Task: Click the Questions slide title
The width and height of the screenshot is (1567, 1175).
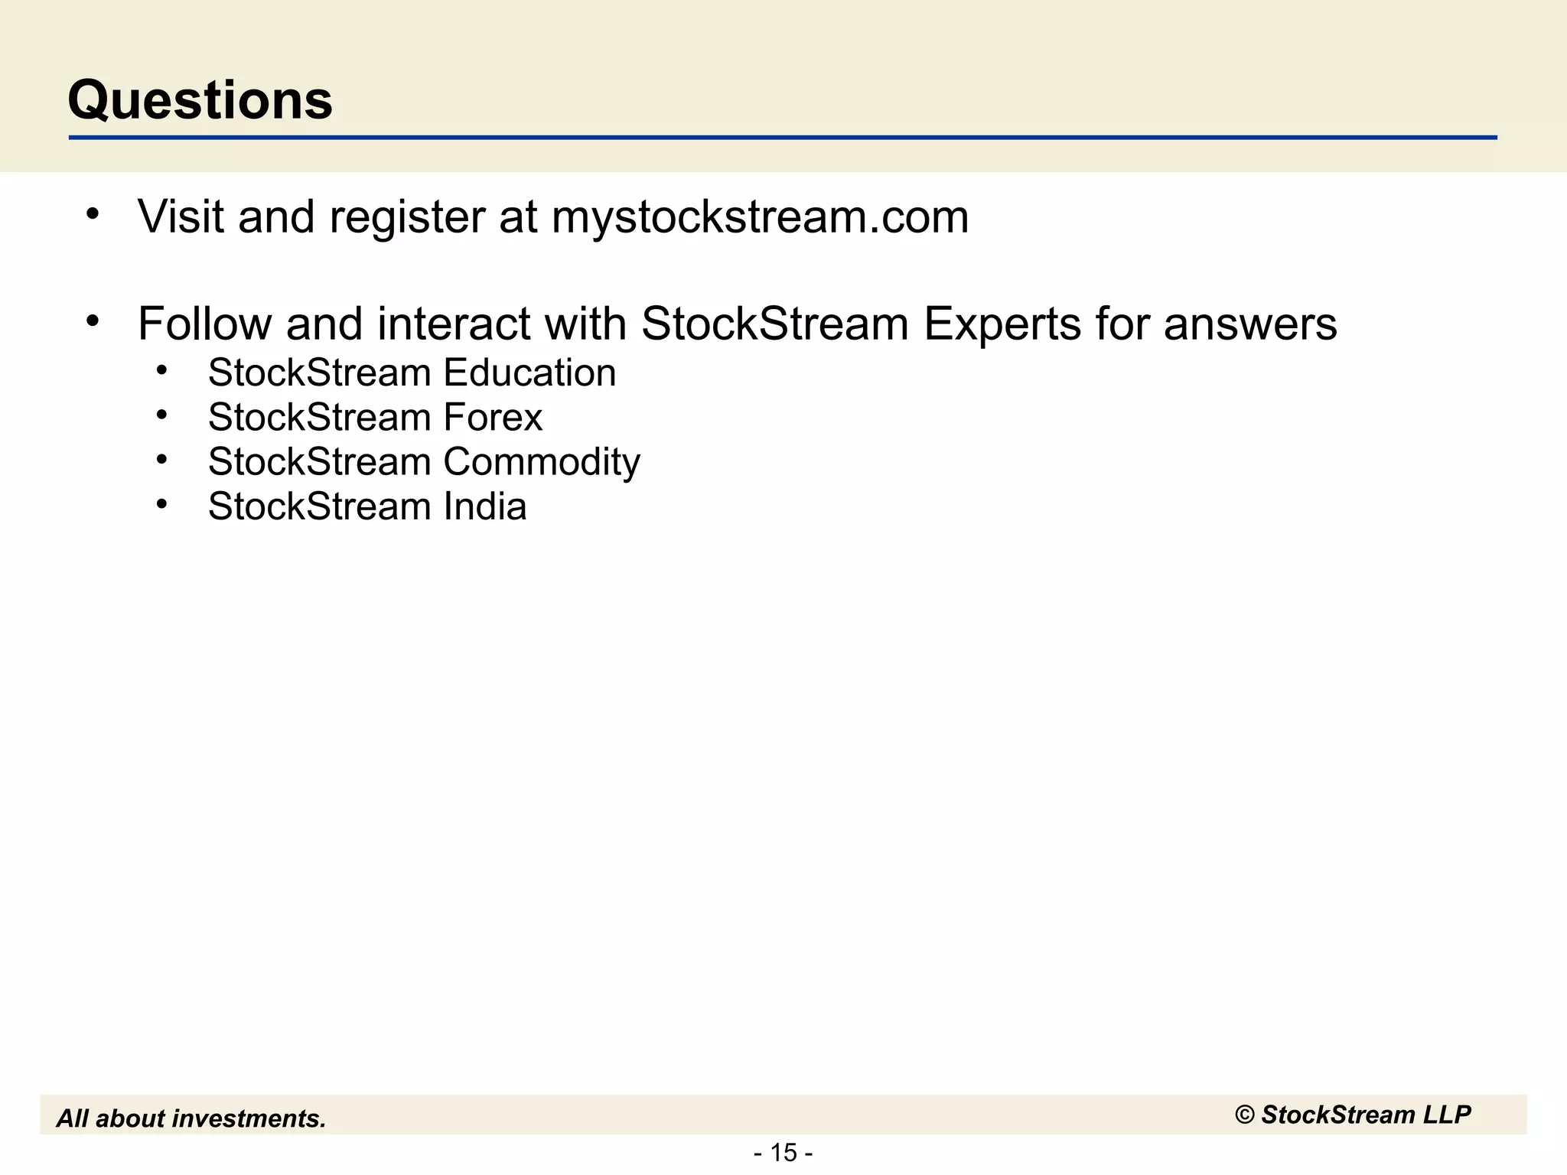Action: (200, 100)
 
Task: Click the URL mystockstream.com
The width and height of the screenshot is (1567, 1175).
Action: (760, 217)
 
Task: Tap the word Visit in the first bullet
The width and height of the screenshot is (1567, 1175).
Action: (181, 216)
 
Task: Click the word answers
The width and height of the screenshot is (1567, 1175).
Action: (1250, 324)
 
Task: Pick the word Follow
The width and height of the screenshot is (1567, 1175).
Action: (204, 324)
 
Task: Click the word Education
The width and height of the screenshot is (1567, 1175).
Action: (529, 373)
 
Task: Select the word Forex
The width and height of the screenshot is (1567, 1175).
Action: (493, 418)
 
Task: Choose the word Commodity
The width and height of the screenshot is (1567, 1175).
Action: (541, 463)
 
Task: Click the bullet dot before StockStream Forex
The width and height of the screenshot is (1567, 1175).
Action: (161, 415)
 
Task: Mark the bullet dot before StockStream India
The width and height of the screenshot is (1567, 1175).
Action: (161, 504)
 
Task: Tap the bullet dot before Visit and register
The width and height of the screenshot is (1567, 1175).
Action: (93, 213)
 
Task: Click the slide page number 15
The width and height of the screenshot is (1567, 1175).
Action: (783, 1152)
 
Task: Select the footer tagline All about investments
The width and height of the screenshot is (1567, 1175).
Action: (191, 1118)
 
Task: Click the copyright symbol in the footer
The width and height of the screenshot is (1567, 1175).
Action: (1245, 1115)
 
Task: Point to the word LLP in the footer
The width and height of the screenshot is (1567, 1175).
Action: (1446, 1115)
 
